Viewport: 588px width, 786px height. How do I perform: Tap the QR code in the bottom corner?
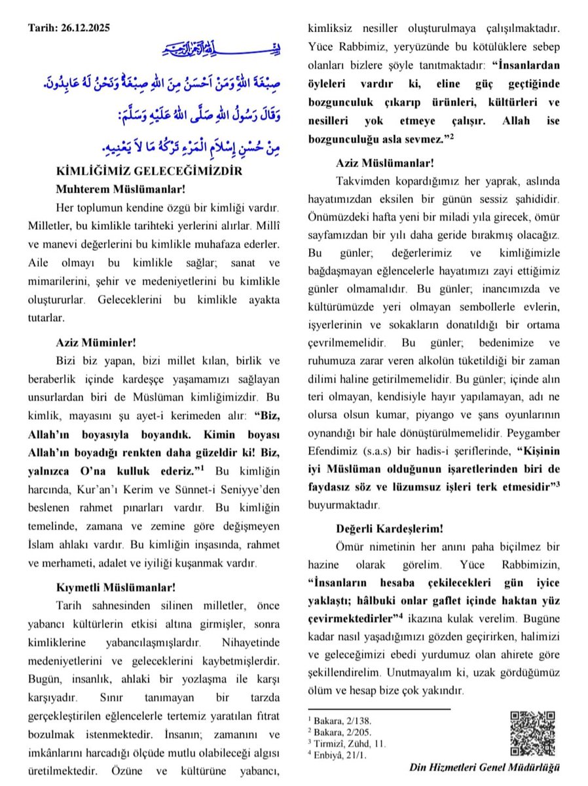coord(532,733)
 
